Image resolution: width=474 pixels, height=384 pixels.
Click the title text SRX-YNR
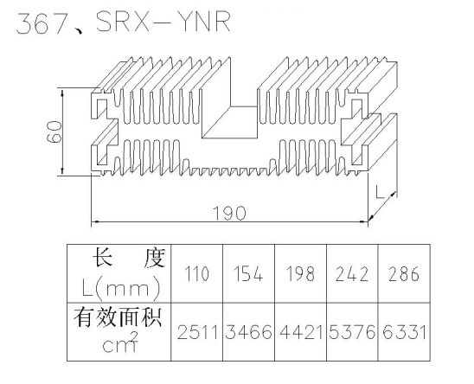163,22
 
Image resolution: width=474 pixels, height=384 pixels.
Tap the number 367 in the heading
42,23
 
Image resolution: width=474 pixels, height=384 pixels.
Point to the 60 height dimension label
54,131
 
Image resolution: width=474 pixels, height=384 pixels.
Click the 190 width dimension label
230,213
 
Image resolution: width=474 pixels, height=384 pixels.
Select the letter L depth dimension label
380,192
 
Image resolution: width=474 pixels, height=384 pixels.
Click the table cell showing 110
197,273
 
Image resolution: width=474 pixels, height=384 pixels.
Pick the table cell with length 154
248,273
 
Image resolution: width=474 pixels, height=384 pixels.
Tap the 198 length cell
300,273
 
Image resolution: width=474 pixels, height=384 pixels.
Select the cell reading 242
352,273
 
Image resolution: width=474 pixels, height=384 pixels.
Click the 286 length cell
404,273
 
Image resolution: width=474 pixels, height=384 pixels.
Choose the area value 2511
197,332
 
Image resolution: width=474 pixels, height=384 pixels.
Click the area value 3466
248,332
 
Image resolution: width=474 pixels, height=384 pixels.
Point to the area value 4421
301,332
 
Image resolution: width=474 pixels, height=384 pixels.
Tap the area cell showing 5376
352,332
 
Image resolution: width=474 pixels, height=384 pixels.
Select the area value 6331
404,332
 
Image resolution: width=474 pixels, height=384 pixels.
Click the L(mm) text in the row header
121,288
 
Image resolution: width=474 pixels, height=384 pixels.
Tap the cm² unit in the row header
120,342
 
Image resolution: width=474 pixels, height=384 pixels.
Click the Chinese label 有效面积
118,317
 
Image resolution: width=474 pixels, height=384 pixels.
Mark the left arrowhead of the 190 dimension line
94,221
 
